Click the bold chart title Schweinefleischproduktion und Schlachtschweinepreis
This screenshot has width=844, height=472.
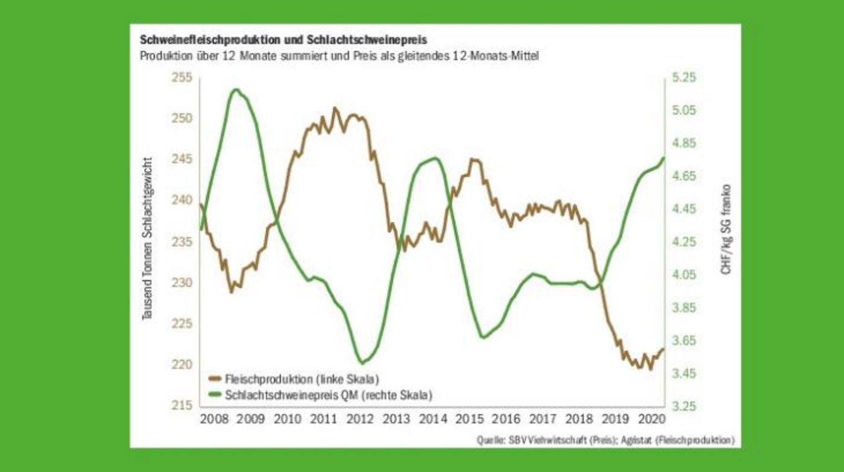pyautogui.click(x=283, y=40)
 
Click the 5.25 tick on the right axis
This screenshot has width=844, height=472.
pyautogui.click(x=683, y=78)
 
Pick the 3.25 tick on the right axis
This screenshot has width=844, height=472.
pyautogui.click(x=683, y=406)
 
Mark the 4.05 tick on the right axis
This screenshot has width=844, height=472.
pyautogui.click(x=683, y=275)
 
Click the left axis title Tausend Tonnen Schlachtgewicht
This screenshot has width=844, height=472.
pyautogui.click(x=146, y=239)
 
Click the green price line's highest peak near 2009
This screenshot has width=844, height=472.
pyautogui.click(x=235, y=90)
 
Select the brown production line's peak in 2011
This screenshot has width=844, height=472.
pyautogui.click(x=335, y=109)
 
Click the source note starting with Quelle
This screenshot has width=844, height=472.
pyautogui.click(x=605, y=440)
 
